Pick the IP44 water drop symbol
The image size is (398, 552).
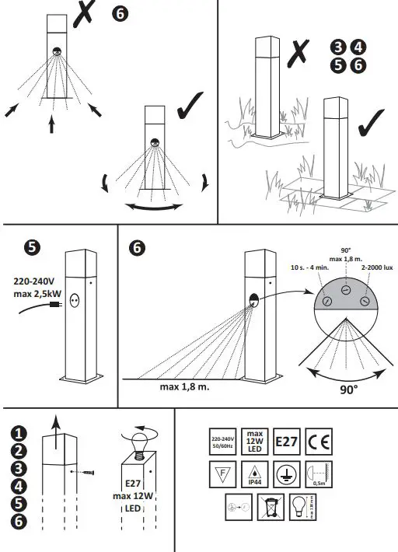tap(254, 473)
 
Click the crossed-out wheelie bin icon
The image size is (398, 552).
tap(270, 506)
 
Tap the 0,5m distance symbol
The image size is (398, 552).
tap(319, 473)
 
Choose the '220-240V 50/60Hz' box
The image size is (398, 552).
tap(222, 442)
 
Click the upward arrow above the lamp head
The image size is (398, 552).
tap(54, 424)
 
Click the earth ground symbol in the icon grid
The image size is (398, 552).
tap(286, 473)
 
